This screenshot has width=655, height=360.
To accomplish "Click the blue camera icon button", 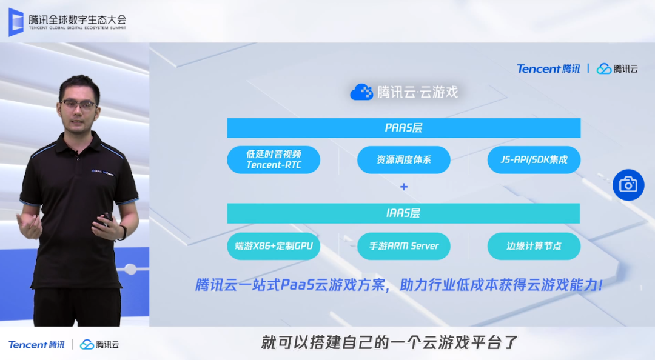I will click(628, 185).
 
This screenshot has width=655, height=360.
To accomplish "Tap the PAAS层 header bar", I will click(403, 128).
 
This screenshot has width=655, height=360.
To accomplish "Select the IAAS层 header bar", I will click(403, 213).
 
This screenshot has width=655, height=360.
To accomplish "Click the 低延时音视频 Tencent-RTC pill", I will click(274, 160).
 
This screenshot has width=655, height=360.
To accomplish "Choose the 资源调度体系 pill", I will click(403, 160).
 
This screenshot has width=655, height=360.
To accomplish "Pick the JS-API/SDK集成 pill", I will click(534, 160).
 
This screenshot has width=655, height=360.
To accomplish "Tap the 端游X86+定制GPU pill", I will click(274, 246).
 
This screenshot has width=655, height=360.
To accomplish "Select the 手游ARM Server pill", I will click(403, 246).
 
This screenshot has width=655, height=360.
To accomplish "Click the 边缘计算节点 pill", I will click(534, 246).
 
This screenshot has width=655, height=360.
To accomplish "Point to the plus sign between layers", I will click(404, 187).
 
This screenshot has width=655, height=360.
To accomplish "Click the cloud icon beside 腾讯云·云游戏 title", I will click(361, 92).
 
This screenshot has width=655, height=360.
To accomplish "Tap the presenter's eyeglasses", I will click(79, 105).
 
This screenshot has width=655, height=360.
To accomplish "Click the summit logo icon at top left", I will click(15, 22).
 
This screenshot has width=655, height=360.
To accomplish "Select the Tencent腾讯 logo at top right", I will click(548, 68).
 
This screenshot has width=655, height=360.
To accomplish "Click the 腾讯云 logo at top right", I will click(617, 68).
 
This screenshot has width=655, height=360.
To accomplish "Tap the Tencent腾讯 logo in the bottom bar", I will click(36, 344).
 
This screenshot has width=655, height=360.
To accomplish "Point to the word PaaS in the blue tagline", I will click(297, 285).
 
